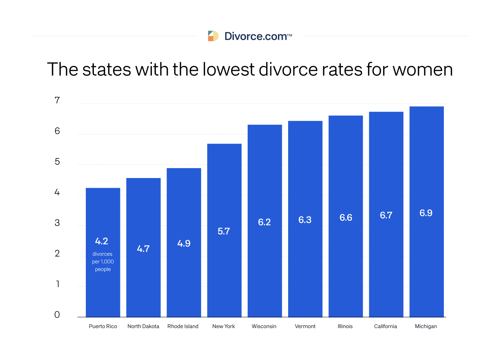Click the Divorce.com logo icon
(x=213, y=36)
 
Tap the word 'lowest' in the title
(x=228, y=70)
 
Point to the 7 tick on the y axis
(x=57, y=100)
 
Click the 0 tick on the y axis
(x=57, y=315)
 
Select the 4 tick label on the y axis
(x=57, y=192)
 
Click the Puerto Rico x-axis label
(x=103, y=326)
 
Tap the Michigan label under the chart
(x=426, y=326)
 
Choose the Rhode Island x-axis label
(x=183, y=326)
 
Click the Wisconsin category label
(x=264, y=326)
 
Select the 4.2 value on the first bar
(x=102, y=241)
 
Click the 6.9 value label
(x=426, y=213)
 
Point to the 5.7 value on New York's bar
(x=223, y=231)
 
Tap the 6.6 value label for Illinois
(x=345, y=218)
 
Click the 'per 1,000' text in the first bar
(x=103, y=262)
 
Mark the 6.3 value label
(x=305, y=220)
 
